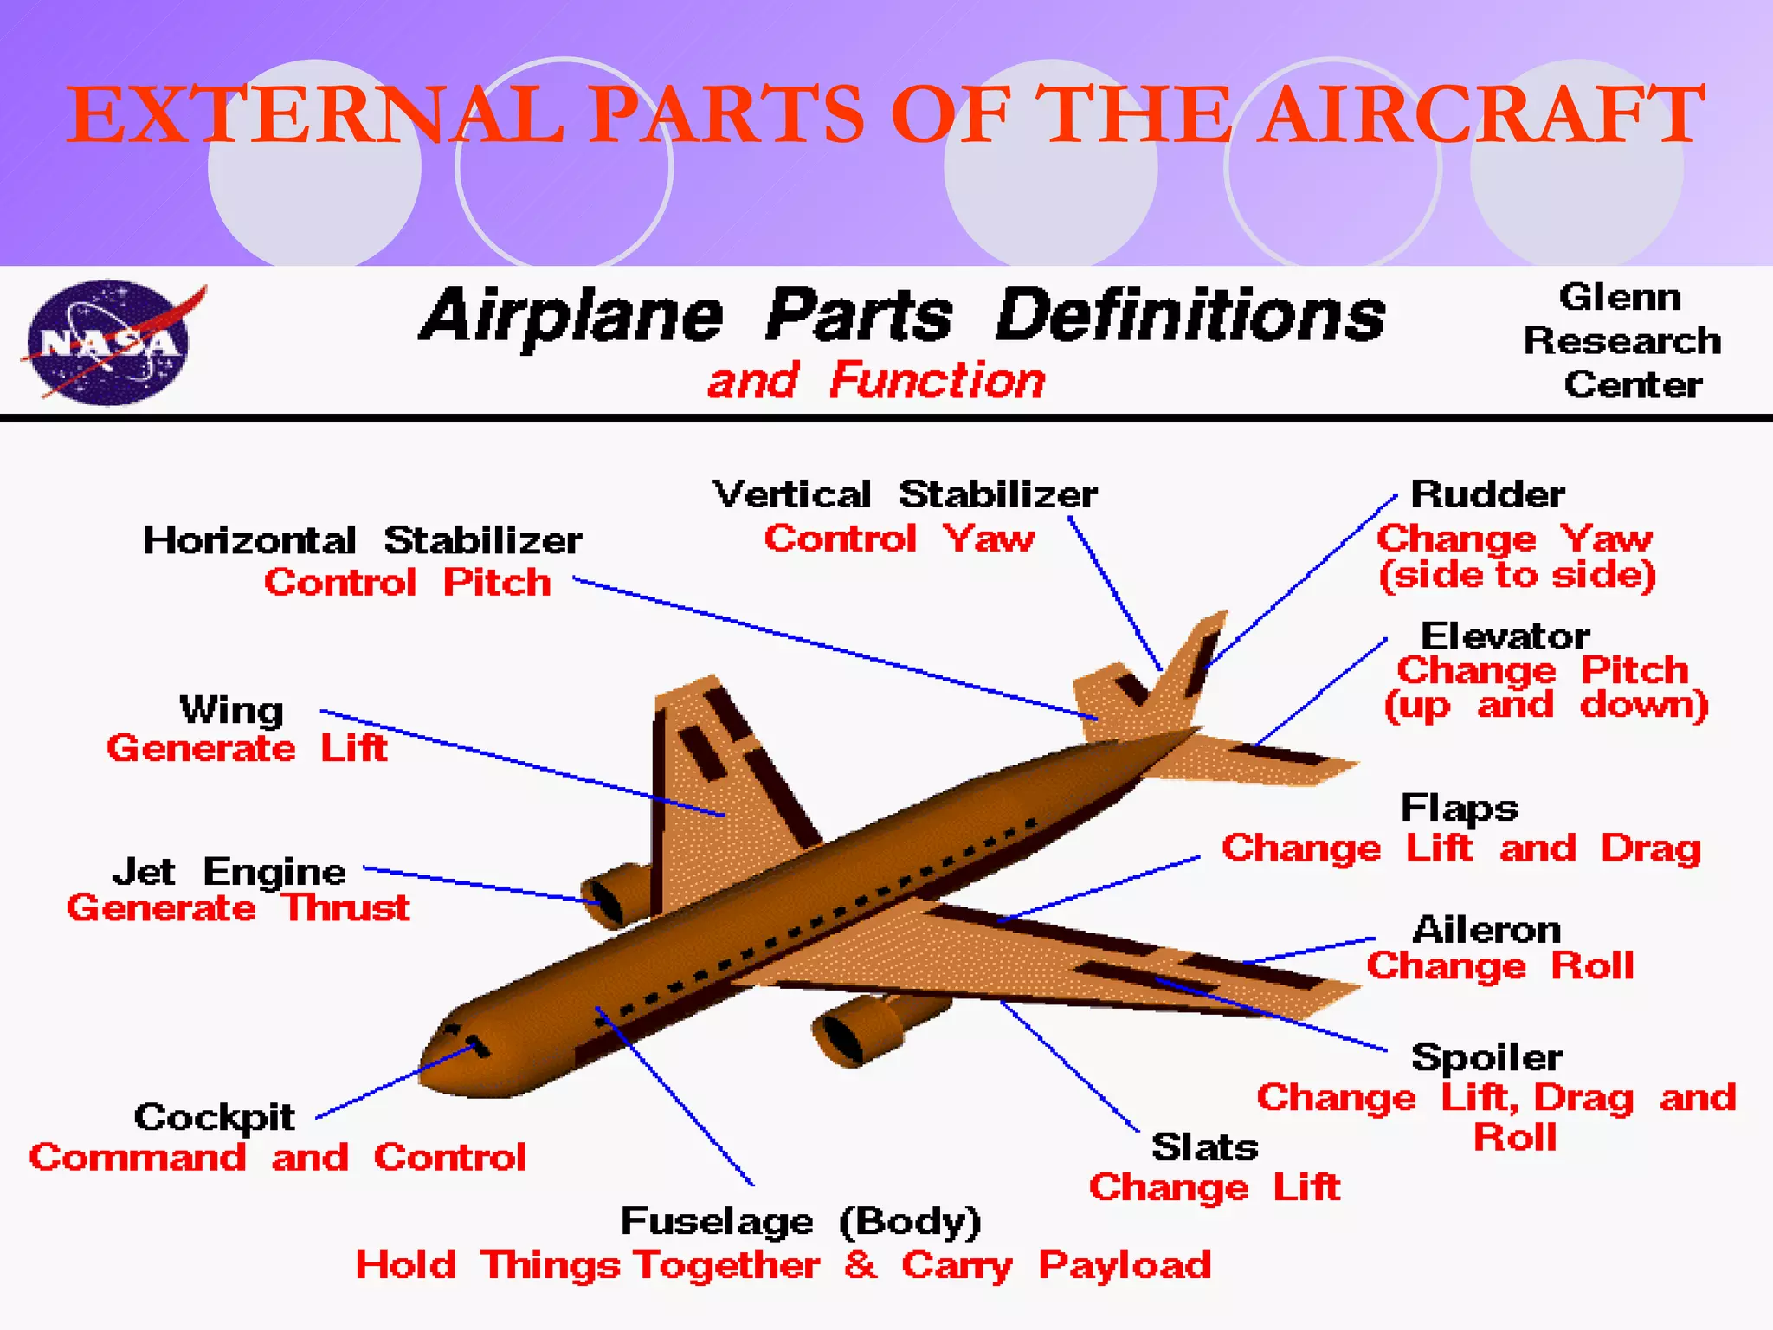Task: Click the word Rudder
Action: tap(1487, 495)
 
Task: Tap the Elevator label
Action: tap(1505, 636)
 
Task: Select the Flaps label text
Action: tap(1459, 809)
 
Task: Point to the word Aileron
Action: tap(1486, 930)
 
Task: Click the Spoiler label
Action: tap(1486, 1057)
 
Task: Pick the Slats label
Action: tap(1204, 1147)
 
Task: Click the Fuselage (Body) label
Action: tap(801, 1222)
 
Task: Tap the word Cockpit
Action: tap(214, 1117)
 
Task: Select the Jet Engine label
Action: tap(229, 872)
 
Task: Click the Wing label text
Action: tap(231, 711)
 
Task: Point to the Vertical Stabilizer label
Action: tap(905, 495)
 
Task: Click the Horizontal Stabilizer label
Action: tap(362, 540)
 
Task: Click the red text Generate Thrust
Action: tap(238, 908)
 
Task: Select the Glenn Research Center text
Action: tap(1622, 341)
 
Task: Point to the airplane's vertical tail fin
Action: tap(1190, 658)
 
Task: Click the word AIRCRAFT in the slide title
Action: tap(1481, 114)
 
